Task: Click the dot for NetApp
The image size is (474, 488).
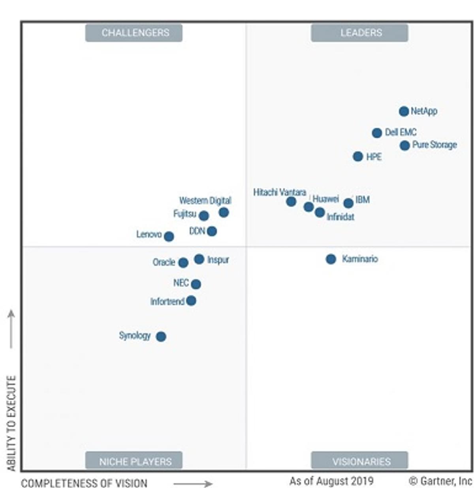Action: [x=403, y=111]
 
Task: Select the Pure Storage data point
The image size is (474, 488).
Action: [x=404, y=146]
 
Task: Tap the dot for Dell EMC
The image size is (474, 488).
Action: [x=377, y=133]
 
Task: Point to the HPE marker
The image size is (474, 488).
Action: [x=358, y=157]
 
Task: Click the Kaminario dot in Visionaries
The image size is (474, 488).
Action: [x=331, y=259]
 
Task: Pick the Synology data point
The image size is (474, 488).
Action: [x=161, y=337]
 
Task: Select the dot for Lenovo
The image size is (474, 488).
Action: [x=169, y=237]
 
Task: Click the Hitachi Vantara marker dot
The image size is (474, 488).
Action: [x=291, y=202]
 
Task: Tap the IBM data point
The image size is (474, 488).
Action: [x=348, y=203]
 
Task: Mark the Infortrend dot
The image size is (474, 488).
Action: [x=191, y=301]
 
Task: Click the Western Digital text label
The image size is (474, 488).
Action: [x=205, y=200]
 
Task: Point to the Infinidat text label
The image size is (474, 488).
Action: [x=340, y=217]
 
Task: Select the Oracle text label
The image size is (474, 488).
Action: [x=164, y=262]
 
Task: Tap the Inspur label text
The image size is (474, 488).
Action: [x=218, y=260]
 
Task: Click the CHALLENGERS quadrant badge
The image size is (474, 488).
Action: [x=134, y=33]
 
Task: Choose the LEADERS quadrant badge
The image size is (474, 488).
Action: [x=359, y=33]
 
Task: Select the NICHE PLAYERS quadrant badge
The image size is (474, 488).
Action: [x=134, y=461]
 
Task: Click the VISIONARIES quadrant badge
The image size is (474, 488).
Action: [x=359, y=461]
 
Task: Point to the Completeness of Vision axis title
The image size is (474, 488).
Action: [x=84, y=483]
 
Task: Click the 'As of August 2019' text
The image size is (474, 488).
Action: [x=331, y=481]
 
